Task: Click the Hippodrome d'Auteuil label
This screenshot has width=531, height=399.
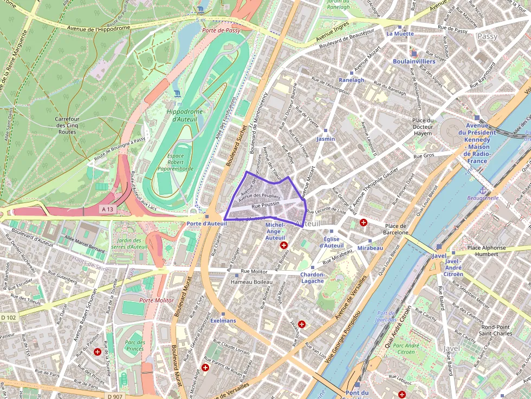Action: [x=184, y=115]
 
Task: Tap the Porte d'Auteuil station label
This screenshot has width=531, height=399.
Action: [x=206, y=224]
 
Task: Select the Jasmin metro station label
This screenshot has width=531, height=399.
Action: [x=326, y=139]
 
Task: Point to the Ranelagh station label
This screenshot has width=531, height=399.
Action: [x=351, y=80]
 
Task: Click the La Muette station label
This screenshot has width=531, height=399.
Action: [x=400, y=34]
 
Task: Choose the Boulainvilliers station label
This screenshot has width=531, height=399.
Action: [x=414, y=61]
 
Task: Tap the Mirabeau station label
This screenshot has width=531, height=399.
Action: [x=370, y=248]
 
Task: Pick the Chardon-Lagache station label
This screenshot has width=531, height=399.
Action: [x=313, y=277]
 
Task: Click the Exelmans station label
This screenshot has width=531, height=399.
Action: [x=223, y=320]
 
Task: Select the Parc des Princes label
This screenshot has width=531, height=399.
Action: [x=134, y=345]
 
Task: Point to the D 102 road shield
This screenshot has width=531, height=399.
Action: [x=9, y=317]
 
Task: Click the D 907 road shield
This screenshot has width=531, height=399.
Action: [x=115, y=396]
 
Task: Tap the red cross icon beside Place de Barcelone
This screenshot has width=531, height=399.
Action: [x=364, y=223]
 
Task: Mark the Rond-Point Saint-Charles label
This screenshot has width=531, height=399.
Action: [x=497, y=330]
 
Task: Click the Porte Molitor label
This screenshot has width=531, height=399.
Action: [x=157, y=300]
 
